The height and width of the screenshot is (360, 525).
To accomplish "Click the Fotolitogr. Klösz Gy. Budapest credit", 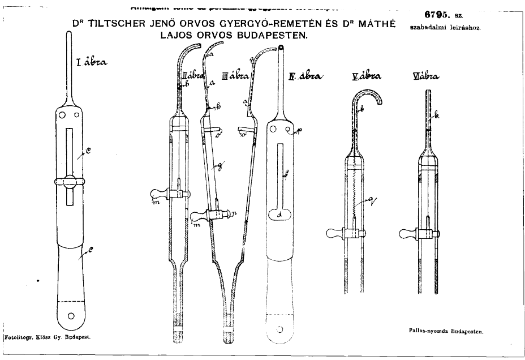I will coord(48,336).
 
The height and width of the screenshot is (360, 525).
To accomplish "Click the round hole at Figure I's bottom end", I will coord(71,315).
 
